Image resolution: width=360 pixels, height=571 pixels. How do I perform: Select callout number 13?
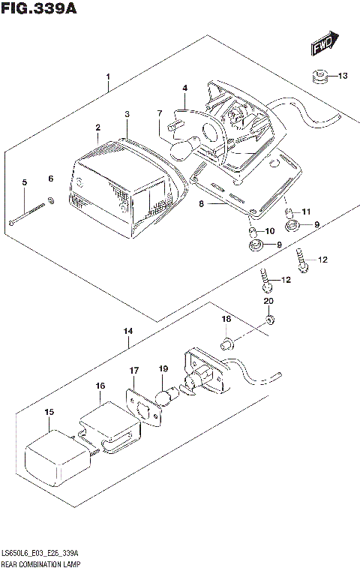[342, 76]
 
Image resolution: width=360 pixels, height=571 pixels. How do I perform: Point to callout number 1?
[108, 77]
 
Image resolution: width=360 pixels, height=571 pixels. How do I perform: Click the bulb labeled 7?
[182, 150]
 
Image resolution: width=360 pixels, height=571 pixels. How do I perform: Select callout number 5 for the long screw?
[24, 182]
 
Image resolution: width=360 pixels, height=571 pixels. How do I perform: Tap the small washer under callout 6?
[50, 200]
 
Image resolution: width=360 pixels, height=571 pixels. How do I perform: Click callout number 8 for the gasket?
[200, 204]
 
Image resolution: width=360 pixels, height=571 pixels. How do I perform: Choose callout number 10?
[269, 230]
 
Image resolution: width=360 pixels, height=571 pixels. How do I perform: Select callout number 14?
[128, 331]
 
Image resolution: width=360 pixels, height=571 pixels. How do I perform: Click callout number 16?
[100, 386]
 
